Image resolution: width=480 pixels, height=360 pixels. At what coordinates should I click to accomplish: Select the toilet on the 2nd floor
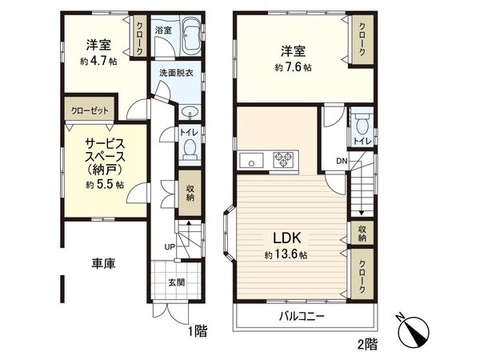coord(361,126)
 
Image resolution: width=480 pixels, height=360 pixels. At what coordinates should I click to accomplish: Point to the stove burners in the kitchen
coord(283,159)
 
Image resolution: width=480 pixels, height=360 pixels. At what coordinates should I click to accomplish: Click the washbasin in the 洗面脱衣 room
coord(190,111)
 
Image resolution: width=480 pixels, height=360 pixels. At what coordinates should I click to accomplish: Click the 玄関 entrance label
coord(176,282)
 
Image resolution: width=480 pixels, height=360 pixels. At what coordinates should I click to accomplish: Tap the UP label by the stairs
coord(169,246)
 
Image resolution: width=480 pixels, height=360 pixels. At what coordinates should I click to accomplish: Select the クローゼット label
coord(90,110)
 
